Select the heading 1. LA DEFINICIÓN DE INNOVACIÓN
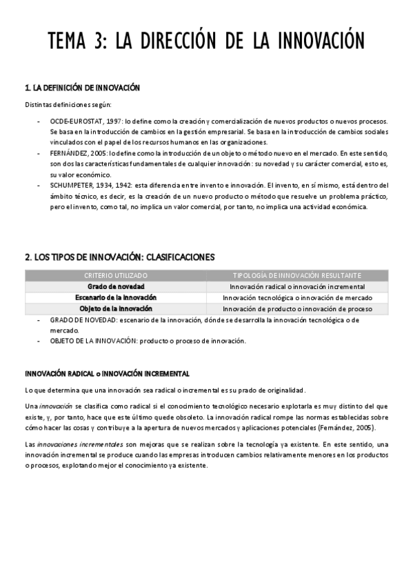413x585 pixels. pos(82,88)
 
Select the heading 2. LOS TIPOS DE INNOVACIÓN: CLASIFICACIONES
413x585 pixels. pos(119,257)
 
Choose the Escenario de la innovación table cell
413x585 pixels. pos(115,297)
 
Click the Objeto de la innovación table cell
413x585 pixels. pos(115,308)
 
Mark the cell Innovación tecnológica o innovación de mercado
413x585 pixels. pos(297,298)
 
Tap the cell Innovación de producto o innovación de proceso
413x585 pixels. pos(297,309)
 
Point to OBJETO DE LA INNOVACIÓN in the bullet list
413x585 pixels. pos(93,341)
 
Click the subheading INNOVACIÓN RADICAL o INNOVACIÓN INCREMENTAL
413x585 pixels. pos(107,374)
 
